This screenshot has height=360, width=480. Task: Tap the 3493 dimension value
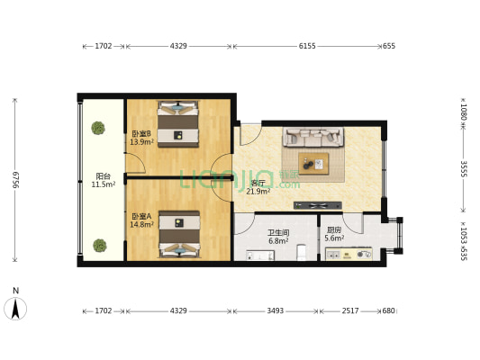pos(276,310)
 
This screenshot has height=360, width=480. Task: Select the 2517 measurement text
pos(349,310)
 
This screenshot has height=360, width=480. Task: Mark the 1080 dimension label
pos(463,112)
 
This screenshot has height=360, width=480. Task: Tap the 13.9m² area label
pos(141,141)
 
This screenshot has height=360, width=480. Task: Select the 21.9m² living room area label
pos(258,191)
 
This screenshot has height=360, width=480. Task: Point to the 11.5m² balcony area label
pos(104,184)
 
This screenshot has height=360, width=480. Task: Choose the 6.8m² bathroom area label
pos(277,240)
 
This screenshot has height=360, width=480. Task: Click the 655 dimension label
pos(389,45)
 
